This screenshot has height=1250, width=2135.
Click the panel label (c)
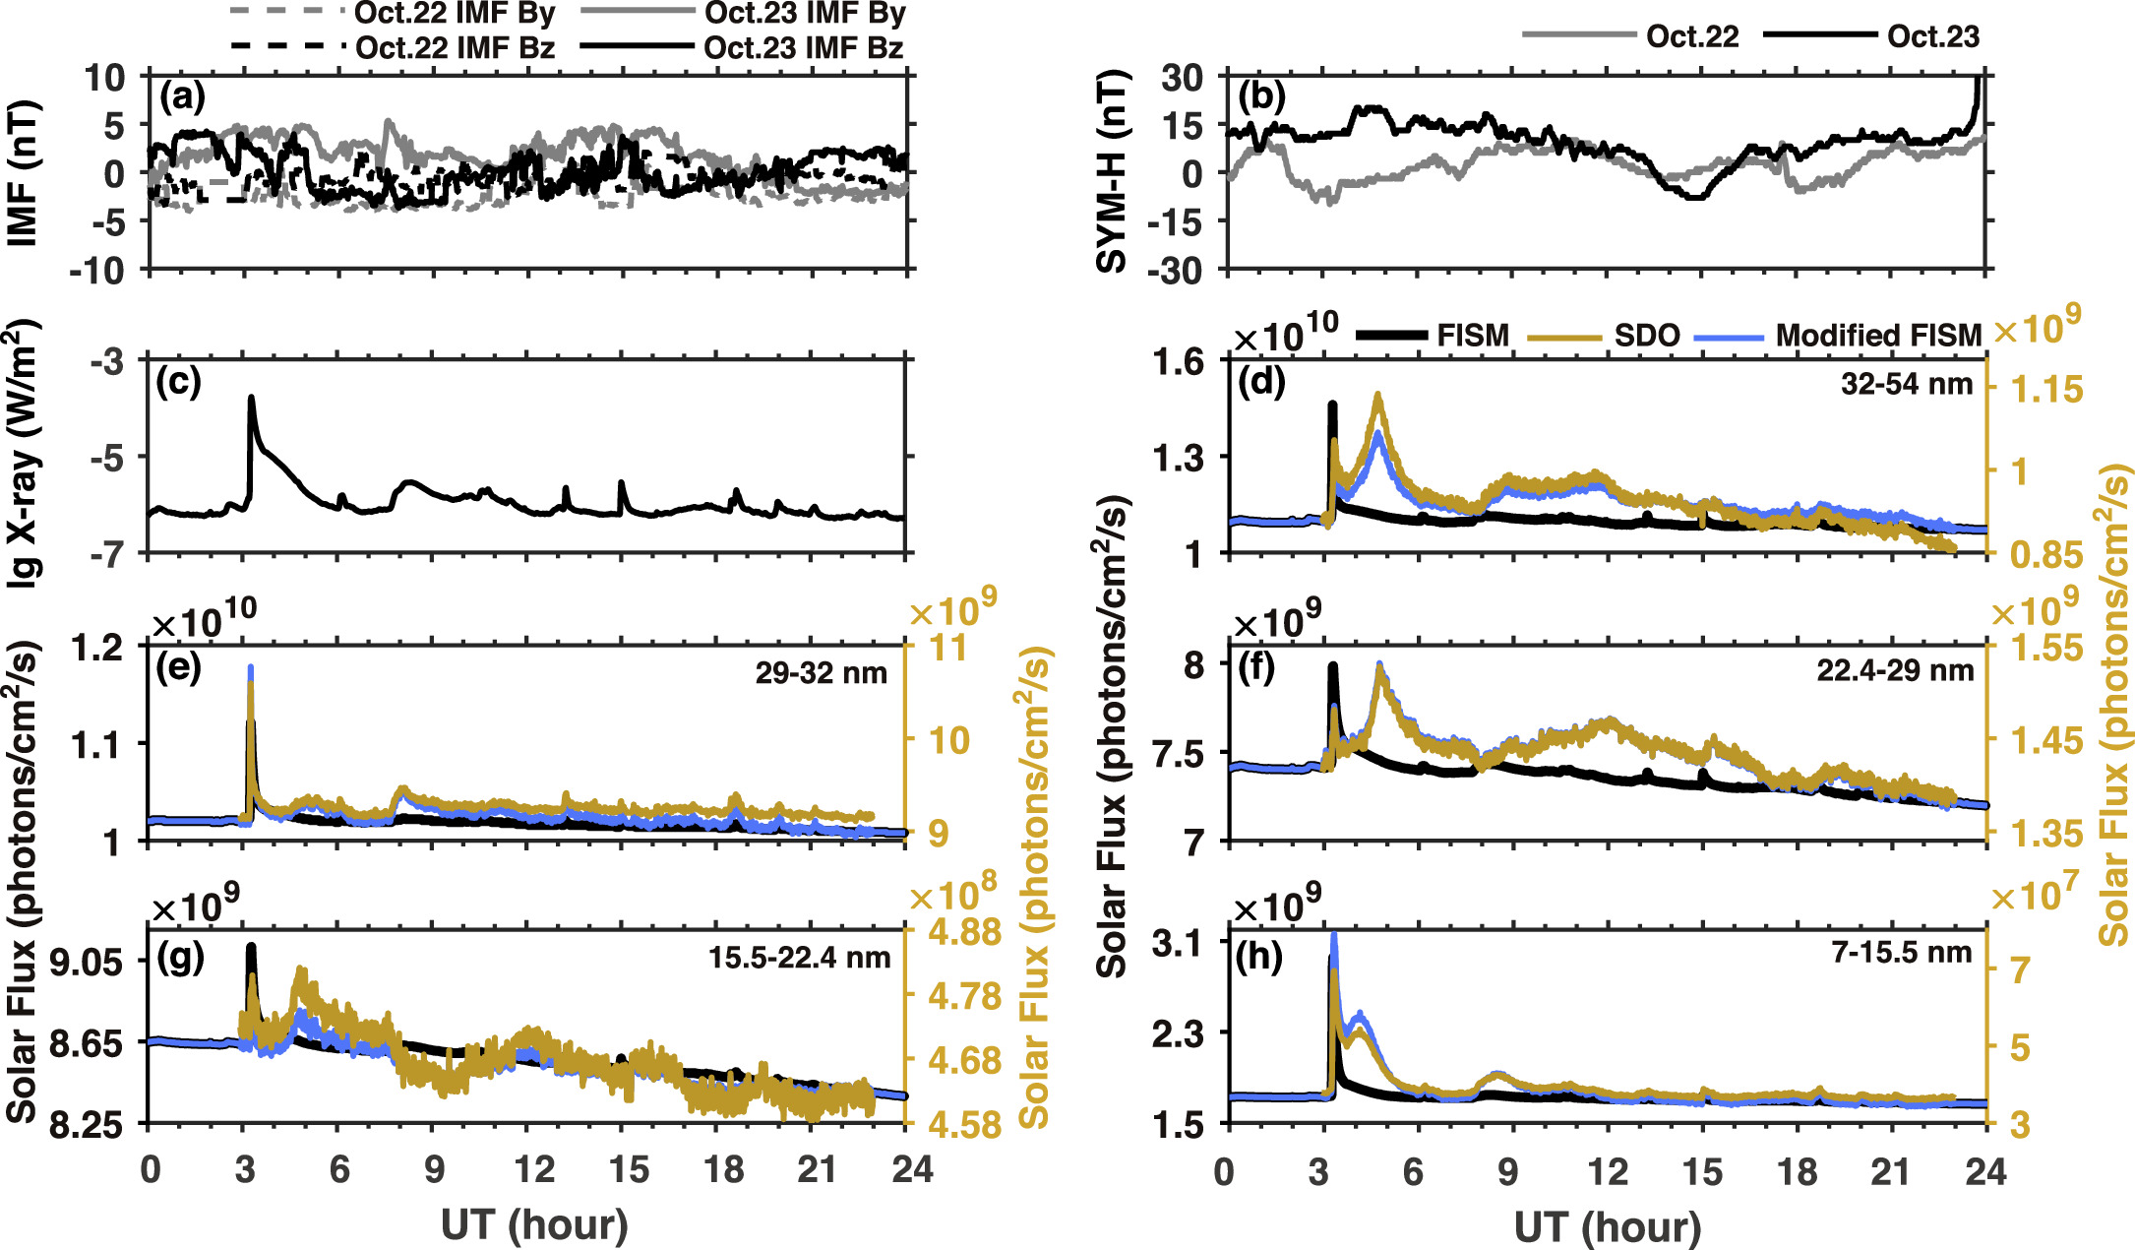click(178, 382)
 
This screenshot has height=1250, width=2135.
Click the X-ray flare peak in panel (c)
click(251, 398)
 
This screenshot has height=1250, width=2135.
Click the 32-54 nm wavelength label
click(1907, 385)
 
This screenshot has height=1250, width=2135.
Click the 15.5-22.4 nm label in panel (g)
click(799, 958)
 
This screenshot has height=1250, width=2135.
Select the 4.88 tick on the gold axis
click(964, 931)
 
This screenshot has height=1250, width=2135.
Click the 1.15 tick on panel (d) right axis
click(2046, 390)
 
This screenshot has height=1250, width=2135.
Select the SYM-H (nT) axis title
click(1111, 171)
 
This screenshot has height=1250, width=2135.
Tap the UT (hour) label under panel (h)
click(1608, 1226)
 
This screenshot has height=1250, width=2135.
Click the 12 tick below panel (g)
click(533, 1169)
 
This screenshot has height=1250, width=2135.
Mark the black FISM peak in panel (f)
click(1333, 667)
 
